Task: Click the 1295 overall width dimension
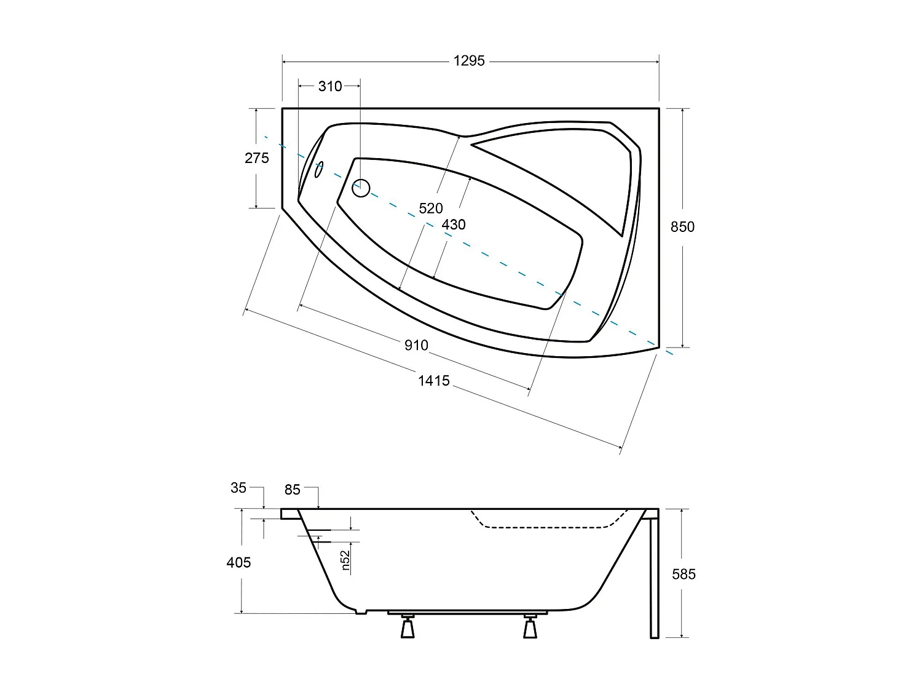coord(469,61)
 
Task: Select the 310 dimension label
coord(330,86)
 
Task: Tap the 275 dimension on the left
coord(257,158)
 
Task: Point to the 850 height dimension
coord(682,227)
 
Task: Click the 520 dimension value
coord(431,209)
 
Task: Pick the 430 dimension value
coord(454,225)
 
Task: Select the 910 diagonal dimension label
coord(416,345)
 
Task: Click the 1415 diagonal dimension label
coord(434,381)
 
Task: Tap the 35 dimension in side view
coord(238,488)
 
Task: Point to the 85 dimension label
coord(293,490)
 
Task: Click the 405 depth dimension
coord(238,562)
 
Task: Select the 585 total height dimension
coord(684,574)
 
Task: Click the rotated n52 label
coord(345,560)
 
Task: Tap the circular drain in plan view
coord(361,188)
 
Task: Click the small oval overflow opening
coord(318,170)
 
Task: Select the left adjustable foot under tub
coord(408,626)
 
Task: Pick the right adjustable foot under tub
coord(530,626)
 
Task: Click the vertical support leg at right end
coord(654,578)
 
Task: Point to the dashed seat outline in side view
coord(547,527)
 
